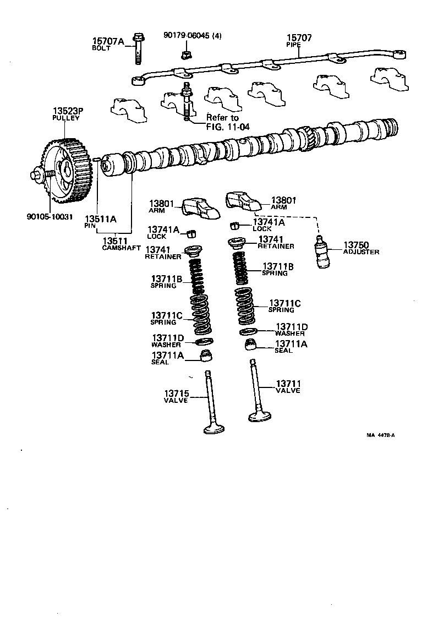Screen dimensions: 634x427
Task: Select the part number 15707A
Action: (108, 41)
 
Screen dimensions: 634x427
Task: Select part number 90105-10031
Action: (49, 216)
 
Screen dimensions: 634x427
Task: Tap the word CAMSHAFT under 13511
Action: (122, 248)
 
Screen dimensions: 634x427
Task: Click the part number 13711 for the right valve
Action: (288, 383)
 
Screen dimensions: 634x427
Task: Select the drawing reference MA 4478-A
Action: (381, 435)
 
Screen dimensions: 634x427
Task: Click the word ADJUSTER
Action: (361, 252)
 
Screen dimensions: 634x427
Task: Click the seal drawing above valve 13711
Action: (251, 345)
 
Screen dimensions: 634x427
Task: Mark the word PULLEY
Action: (66, 118)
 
